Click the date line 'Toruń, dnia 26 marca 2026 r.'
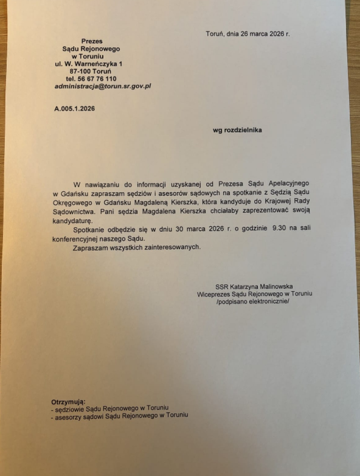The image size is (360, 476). click(247, 34)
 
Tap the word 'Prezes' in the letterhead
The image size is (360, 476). click(92, 41)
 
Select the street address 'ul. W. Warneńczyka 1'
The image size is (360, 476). click(88, 64)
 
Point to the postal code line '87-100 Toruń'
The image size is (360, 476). click(91, 71)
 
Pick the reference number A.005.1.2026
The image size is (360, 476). click(75, 108)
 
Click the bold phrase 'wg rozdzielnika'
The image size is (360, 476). click(237, 130)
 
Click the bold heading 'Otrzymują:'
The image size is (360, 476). click(69, 401)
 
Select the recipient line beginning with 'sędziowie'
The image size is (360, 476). click(110, 408)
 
